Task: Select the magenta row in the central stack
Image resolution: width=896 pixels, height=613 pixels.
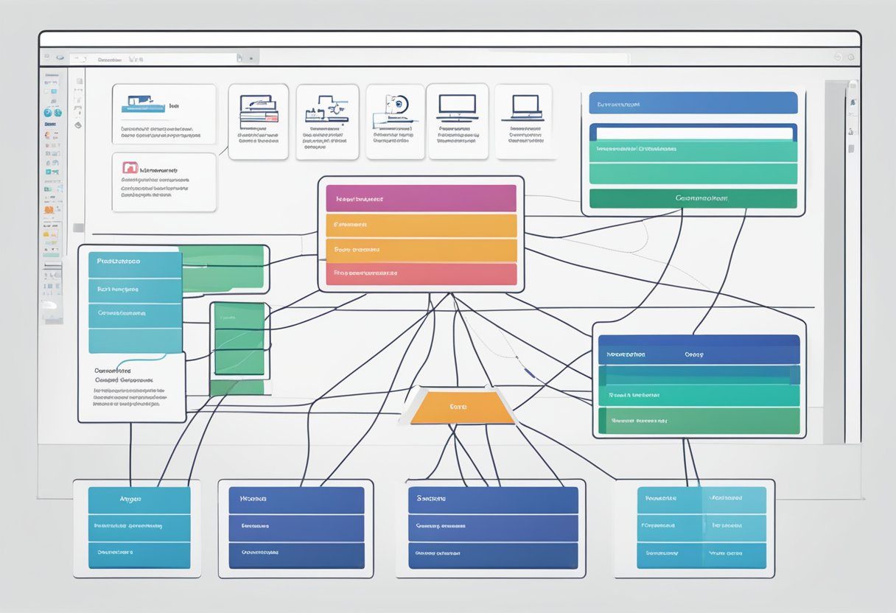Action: pyautogui.click(x=421, y=198)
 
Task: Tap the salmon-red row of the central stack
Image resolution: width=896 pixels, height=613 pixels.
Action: pyautogui.click(x=421, y=273)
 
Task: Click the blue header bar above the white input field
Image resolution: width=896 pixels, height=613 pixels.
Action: pyautogui.click(x=693, y=103)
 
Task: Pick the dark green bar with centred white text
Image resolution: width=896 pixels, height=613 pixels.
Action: pyautogui.click(x=693, y=198)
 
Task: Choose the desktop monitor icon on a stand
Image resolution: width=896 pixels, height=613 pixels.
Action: pyautogui.click(x=457, y=106)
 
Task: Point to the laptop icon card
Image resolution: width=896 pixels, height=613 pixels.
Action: pyautogui.click(x=523, y=121)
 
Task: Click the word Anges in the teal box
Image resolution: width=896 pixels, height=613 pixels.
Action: pyautogui.click(x=130, y=499)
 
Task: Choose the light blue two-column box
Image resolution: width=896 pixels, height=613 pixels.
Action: pyautogui.click(x=701, y=526)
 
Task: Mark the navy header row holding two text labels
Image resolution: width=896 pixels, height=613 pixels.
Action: pyautogui.click(x=698, y=354)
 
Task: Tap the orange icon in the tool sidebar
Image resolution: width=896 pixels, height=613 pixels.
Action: pyautogui.click(x=50, y=210)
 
